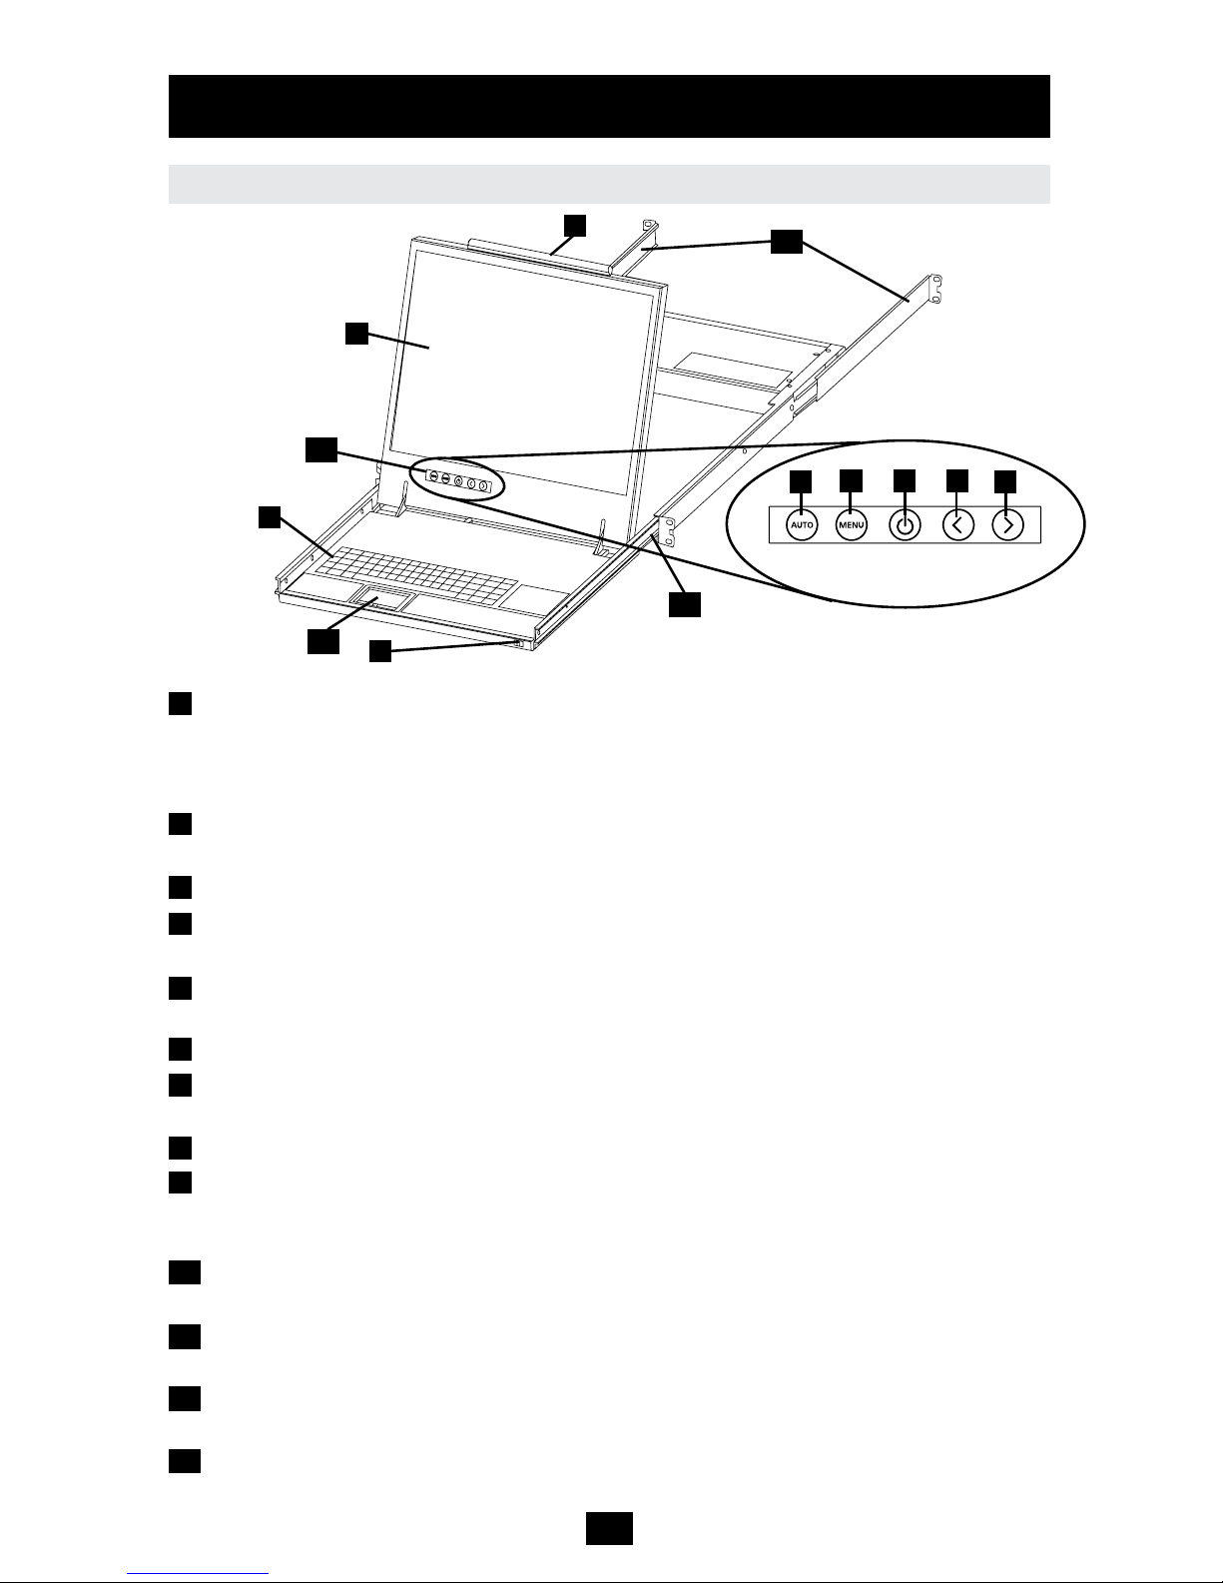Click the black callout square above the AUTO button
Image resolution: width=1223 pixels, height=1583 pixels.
tap(801, 480)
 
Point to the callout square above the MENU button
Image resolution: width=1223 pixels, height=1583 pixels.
tap(851, 480)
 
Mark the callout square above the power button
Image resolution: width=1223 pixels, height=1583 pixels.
tap(905, 480)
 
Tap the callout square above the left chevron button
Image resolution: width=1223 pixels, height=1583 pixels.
tap(956, 480)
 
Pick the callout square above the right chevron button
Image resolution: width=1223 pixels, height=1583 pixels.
tap(1006, 480)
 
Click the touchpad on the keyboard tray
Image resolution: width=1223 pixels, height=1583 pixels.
tap(382, 601)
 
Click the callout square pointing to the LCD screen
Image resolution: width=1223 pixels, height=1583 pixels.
tap(357, 334)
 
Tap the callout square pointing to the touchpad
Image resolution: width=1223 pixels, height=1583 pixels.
tap(322, 643)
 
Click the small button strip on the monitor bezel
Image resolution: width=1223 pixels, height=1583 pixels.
tap(458, 480)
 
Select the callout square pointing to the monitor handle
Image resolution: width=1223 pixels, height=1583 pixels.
tap(573, 225)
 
